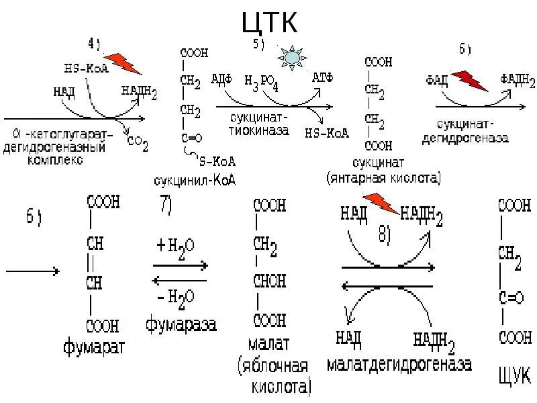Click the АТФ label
323,78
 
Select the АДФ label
222,79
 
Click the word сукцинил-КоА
189,181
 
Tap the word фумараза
181,326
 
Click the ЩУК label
512,373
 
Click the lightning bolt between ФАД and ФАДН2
469,80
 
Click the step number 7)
167,206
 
